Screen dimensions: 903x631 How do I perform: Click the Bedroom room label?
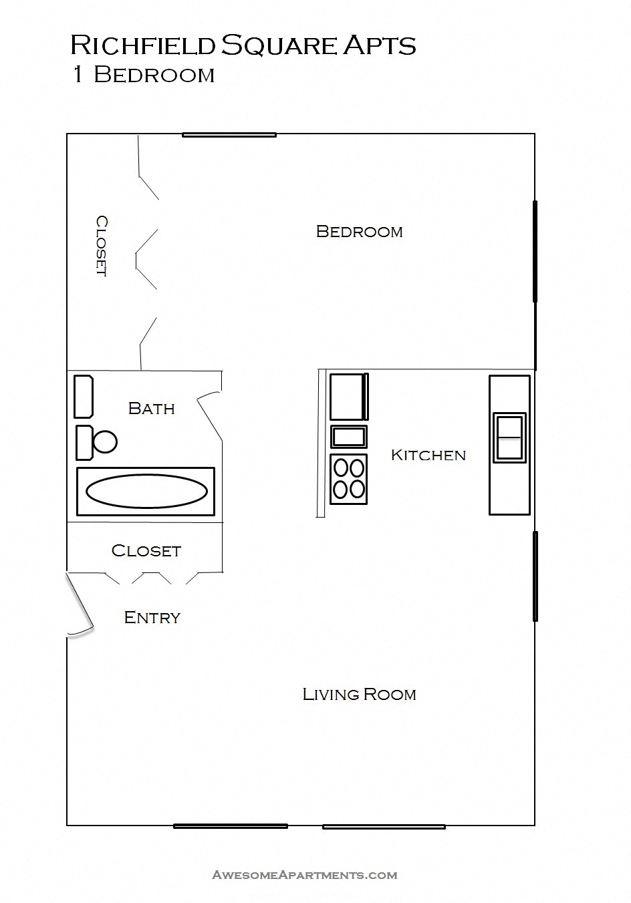(359, 232)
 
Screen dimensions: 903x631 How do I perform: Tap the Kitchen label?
(428, 455)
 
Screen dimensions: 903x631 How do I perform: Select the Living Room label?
(359, 695)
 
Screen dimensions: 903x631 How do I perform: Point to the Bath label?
(151, 408)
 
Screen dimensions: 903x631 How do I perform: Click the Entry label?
(152, 617)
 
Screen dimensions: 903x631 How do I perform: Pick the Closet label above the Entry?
(146, 550)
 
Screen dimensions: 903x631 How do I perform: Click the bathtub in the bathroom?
(146, 492)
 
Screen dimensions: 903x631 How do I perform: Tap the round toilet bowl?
(105, 441)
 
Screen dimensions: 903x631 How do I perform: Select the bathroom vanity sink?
(83, 397)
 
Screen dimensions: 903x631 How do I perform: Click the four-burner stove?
(348, 479)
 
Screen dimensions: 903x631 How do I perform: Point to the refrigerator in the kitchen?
(348, 397)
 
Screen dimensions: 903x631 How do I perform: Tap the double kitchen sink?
(509, 437)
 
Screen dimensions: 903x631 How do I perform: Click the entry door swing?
(79, 604)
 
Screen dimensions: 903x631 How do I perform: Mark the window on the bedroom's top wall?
(229, 135)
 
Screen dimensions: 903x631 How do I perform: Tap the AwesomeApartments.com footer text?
(305, 874)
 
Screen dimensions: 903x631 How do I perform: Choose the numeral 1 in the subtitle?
(79, 74)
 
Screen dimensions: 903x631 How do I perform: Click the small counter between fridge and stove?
(348, 437)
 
